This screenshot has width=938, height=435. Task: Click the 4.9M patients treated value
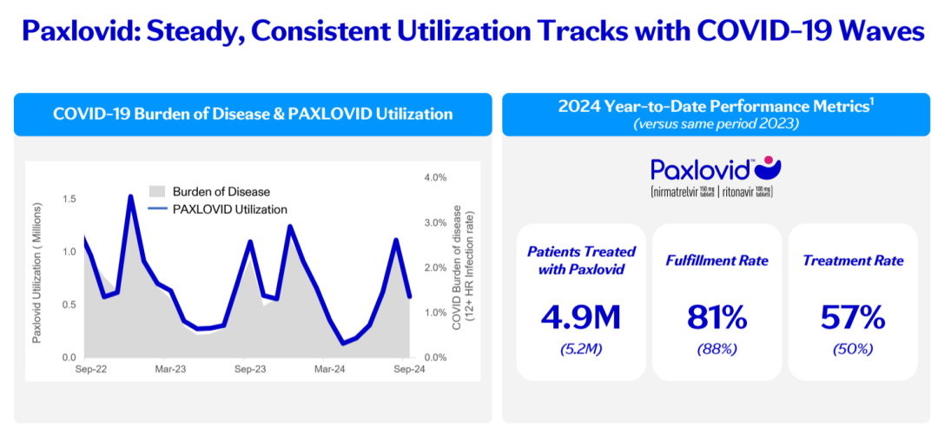tap(582, 318)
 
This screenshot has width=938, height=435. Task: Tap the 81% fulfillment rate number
tap(717, 318)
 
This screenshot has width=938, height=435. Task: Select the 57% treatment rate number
tap(852, 318)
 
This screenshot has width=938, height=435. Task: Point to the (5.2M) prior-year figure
tap(582, 349)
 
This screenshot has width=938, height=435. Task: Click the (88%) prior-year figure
tap(717, 349)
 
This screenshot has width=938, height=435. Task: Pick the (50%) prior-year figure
tap(852, 349)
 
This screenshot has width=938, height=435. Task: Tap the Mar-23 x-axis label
tap(169, 369)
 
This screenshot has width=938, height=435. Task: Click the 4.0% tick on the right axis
tap(433, 177)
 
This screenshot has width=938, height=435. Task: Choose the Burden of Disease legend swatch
tap(157, 191)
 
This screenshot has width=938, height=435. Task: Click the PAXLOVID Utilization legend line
tap(157, 209)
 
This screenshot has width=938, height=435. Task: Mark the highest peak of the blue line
tap(130, 197)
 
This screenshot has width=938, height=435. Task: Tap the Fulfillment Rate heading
tap(717, 260)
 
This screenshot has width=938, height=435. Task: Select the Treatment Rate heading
tap(852, 260)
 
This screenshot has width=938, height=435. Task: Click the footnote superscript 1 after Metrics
tap(871, 104)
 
